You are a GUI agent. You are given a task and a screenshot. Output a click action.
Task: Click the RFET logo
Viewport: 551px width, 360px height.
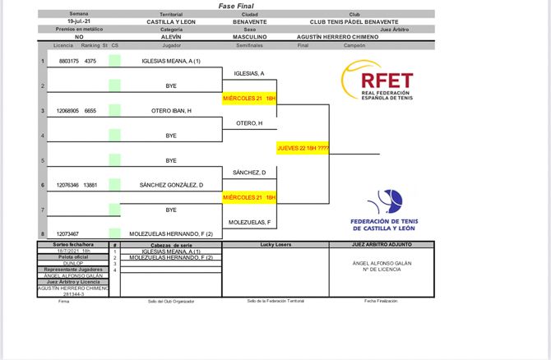[377, 83]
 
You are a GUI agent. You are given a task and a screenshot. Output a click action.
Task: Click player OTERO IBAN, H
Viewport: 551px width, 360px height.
[171, 111]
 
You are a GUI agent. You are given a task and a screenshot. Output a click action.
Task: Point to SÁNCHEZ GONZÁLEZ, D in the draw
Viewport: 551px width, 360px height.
[171, 185]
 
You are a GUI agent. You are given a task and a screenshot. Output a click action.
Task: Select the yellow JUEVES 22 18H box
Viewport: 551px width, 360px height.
[302, 148]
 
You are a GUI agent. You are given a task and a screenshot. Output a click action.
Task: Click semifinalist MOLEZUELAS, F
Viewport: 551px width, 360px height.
[250, 222]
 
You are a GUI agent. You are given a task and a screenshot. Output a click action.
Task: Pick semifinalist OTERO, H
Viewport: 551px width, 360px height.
[250, 123]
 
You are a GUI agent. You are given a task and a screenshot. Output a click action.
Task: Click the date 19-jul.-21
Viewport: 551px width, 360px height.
[79, 22]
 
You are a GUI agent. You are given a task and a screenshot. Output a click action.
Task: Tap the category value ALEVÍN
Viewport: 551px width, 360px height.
[171, 37]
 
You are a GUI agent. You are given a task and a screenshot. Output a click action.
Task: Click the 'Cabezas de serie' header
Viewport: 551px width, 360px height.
[171, 245]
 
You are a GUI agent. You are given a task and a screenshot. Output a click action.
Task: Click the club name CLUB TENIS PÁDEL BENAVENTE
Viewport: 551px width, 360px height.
[354, 22]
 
